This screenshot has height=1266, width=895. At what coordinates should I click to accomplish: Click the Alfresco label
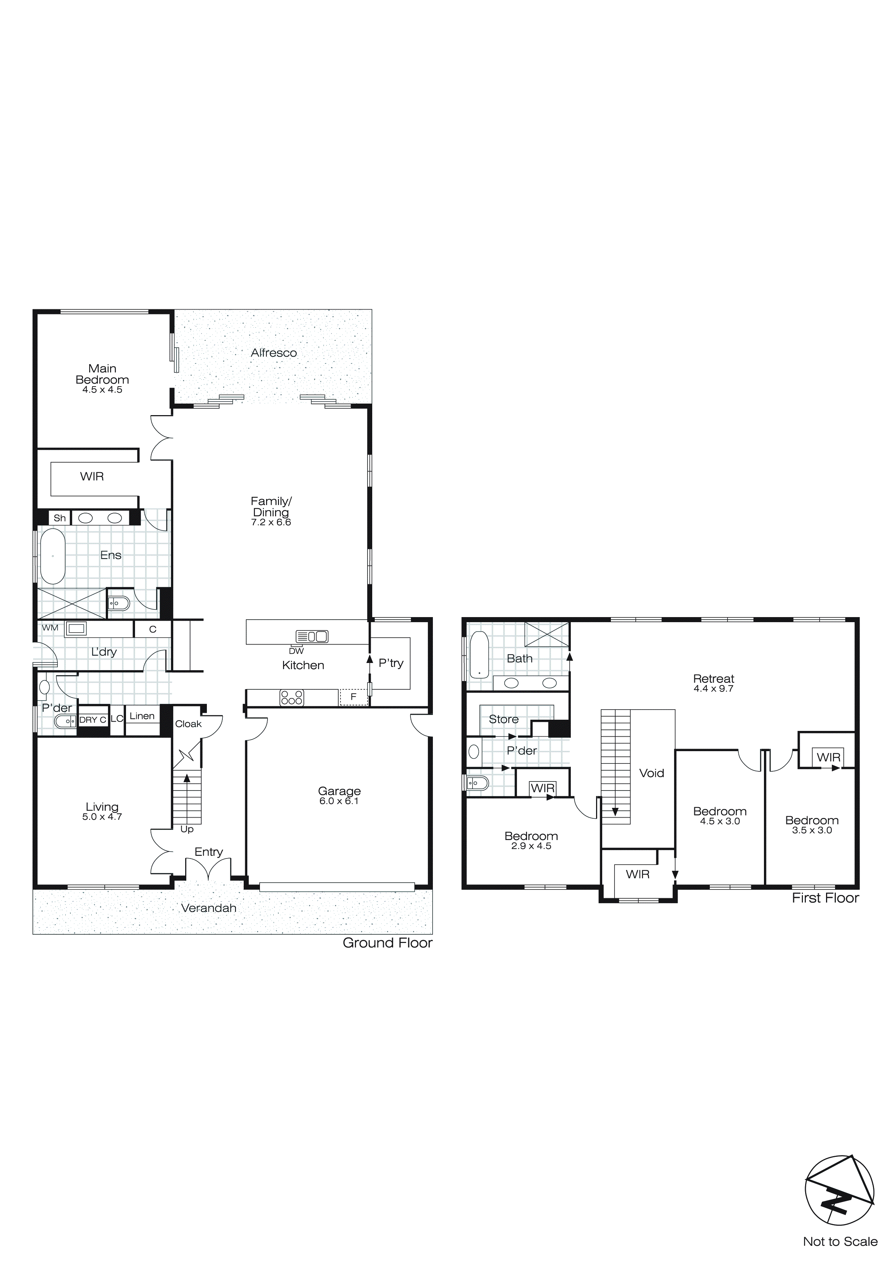click(x=274, y=353)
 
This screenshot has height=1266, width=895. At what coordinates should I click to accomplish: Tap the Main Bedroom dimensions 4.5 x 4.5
click(x=103, y=390)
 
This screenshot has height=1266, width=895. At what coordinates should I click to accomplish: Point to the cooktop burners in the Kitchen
click(x=292, y=698)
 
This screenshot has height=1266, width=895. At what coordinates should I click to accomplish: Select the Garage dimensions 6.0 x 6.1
click(x=339, y=801)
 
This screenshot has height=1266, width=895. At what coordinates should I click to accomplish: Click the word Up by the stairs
click(x=187, y=829)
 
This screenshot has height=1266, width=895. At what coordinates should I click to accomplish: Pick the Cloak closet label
click(x=188, y=724)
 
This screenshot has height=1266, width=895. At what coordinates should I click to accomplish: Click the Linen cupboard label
click(x=142, y=716)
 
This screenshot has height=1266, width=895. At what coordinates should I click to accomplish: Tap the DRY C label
click(x=92, y=720)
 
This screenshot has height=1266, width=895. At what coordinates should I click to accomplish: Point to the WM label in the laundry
click(x=50, y=628)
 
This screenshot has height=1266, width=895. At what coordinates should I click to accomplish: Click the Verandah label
click(x=209, y=908)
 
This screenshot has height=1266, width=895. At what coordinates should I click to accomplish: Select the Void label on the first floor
click(x=651, y=773)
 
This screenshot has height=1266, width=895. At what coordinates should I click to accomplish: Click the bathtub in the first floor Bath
click(x=479, y=655)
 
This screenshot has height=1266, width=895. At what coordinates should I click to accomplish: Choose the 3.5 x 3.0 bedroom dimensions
click(x=812, y=830)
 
